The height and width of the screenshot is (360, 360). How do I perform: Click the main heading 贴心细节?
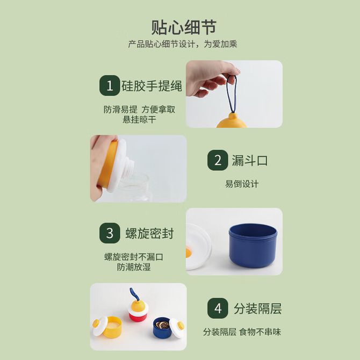tap(184, 27)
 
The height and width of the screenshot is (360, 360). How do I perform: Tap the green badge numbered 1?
tap(110, 85)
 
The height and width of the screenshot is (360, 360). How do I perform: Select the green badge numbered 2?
tap(218, 160)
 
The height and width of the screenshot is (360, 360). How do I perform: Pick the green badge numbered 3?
tap(110, 233)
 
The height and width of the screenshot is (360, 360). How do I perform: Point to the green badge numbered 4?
tap(218, 308)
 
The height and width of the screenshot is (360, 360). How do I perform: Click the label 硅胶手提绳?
tap(152, 86)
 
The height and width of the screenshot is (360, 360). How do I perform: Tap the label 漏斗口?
tap(250, 160)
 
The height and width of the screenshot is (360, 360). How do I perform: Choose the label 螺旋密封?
tap(149, 234)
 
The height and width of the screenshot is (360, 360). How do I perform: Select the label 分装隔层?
tap(257, 308)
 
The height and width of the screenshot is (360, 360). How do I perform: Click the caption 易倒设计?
tap(242, 184)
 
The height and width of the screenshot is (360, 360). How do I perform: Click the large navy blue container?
tap(253, 246)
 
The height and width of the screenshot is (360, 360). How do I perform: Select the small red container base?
tap(137, 317)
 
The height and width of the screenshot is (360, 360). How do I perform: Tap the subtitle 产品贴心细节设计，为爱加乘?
tap(183, 44)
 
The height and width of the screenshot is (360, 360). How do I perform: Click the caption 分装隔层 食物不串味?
tap(242, 332)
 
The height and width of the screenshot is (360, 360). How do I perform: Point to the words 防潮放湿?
tap(134, 267)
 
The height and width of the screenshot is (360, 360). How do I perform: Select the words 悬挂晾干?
tap(139, 119)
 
